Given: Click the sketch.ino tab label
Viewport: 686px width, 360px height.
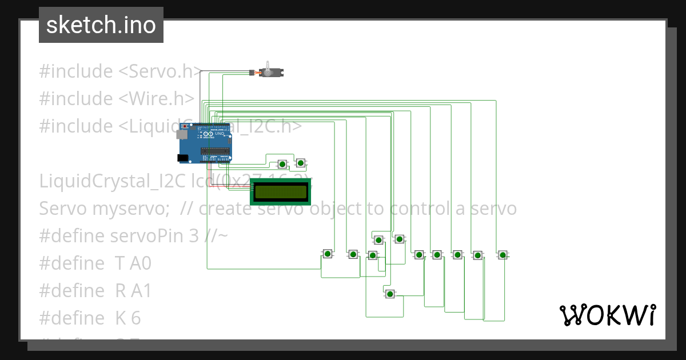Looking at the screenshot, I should [x=101, y=25].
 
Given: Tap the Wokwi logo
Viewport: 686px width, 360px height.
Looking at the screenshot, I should [x=607, y=315].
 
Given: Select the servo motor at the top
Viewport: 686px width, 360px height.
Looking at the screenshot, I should [x=270, y=72].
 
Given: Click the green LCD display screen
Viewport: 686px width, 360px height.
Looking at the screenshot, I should [x=280, y=192].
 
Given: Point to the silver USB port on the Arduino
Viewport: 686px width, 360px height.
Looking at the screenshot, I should [x=182, y=135].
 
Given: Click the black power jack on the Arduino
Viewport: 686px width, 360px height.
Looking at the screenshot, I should [x=182, y=158].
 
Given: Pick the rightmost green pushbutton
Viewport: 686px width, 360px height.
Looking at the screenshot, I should [x=502, y=255].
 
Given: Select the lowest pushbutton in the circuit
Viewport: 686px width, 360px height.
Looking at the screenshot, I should [x=390, y=294].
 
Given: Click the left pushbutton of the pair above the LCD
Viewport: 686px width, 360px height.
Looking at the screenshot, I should [x=282, y=165].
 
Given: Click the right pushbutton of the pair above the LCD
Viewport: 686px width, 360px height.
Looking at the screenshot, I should [x=300, y=163].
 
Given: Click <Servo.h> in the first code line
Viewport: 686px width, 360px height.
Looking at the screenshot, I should [x=160, y=71].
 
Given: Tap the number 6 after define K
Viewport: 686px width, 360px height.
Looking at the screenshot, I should [x=135, y=318].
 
